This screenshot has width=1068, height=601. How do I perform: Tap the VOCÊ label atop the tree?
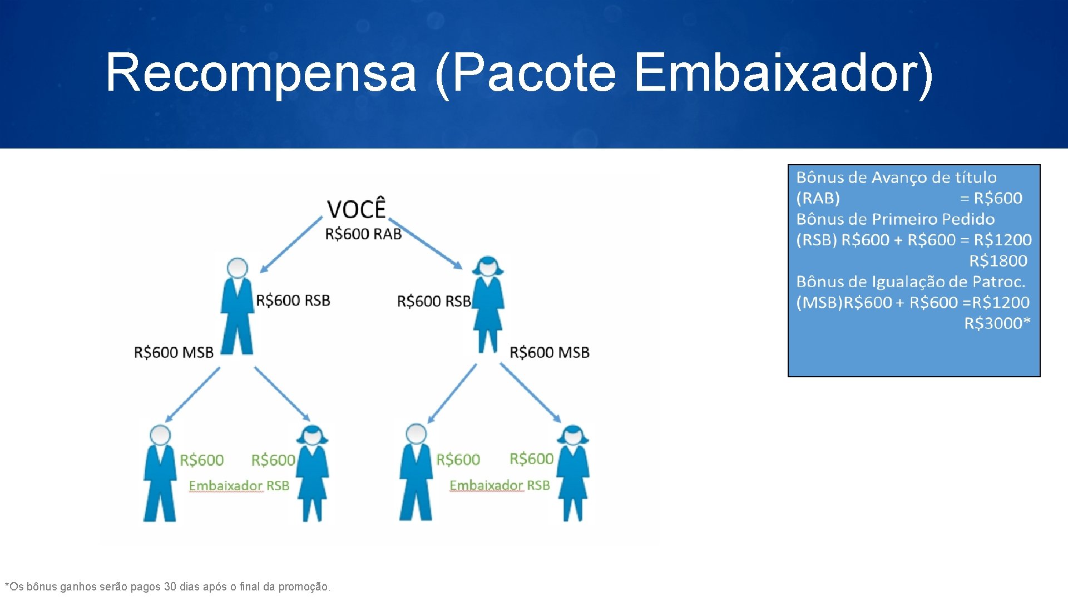pos(356,209)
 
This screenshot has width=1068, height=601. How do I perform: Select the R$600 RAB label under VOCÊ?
pos(363,234)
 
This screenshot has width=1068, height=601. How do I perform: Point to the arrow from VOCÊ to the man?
pos(290,245)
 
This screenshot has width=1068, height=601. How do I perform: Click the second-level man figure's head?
pos(238,268)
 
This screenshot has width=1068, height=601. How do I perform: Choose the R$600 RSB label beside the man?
pos(293,300)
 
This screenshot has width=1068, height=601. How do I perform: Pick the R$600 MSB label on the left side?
pos(174,352)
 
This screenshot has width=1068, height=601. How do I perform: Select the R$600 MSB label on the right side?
pos(550,352)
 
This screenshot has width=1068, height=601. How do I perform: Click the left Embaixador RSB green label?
pos(239,486)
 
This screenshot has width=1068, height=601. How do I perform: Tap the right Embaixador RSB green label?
pos(500,485)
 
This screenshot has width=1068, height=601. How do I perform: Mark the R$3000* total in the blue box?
pos(997,323)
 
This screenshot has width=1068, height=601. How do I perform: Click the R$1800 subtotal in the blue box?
pos(998,261)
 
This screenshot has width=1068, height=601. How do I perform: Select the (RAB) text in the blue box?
pos(818,198)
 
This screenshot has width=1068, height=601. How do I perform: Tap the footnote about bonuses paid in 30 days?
pos(167,587)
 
